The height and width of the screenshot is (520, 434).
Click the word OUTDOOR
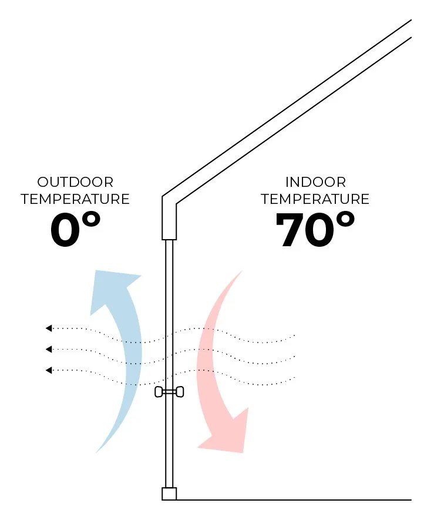[x=75, y=182]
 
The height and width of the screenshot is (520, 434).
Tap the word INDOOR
[x=315, y=182]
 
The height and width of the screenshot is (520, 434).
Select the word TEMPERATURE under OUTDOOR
[x=75, y=199]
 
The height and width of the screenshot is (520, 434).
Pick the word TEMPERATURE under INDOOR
[x=315, y=199]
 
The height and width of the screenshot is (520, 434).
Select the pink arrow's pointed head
[x=226, y=435]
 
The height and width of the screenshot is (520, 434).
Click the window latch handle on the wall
[x=169, y=392]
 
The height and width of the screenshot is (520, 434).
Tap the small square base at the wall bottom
[x=169, y=494]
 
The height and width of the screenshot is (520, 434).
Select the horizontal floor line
[x=294, y=500]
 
